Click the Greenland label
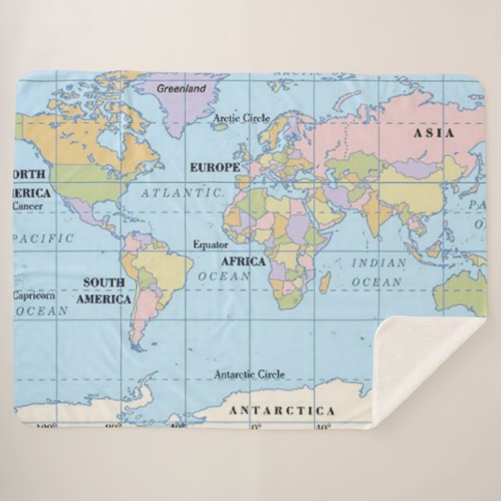click(181, 89)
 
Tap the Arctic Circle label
click(241, 118)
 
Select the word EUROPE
click(215, 167)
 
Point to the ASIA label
click(433, 133)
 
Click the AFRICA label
click(243, 261)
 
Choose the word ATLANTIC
click(181, 191)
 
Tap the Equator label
click(210, 244)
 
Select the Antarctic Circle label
click(249, 374)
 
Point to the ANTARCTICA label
click(281, 410)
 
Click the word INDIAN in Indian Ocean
click(378, 263)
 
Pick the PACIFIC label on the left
click(44, 237)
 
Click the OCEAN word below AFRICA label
click(224, 276)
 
